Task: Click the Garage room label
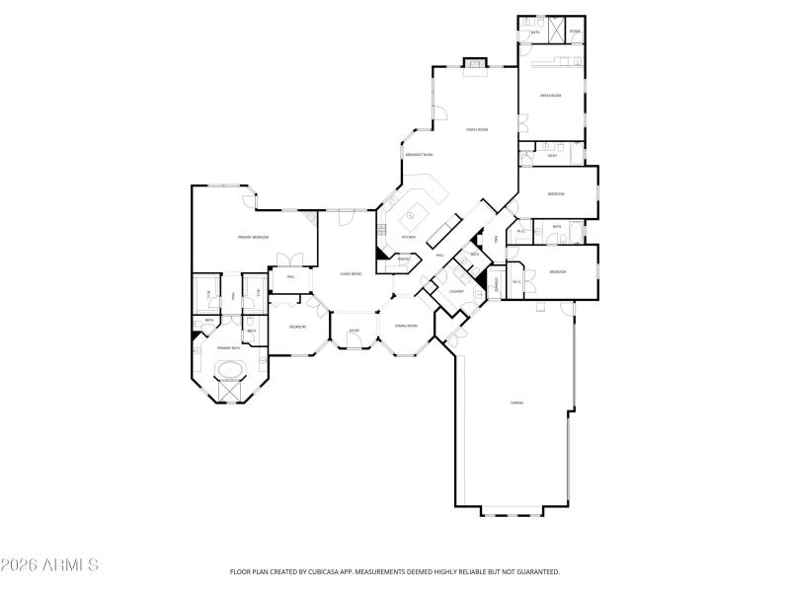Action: tap(515, 403)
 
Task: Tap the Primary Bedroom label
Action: tap(254, 237)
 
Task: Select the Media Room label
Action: tap(551, 96)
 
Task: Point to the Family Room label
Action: tap(478, 129)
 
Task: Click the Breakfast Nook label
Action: tap(419, 155)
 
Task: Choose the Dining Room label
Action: tap(406, 326)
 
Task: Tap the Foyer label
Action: tap(353, 331)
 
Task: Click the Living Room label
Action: tap(351, 273)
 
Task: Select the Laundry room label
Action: tap(456, 291)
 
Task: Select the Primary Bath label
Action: tap(229, 348)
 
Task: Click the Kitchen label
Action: tap(408, 237)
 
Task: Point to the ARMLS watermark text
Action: tap(49, 565)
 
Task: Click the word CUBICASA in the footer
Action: tap(317, 571)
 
